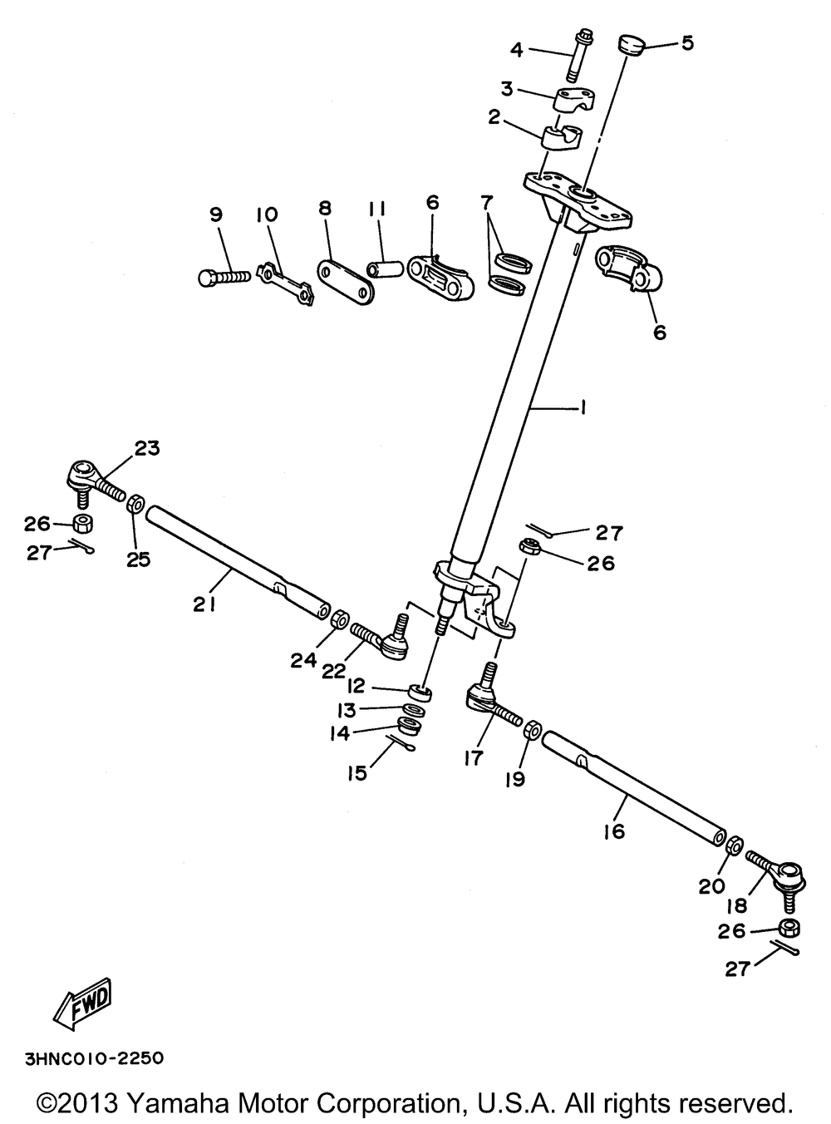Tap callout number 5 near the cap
tap(687, 43)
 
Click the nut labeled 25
tap(136, 505)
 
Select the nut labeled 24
tap(339, 619)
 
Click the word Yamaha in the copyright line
tap(180, 1105)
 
